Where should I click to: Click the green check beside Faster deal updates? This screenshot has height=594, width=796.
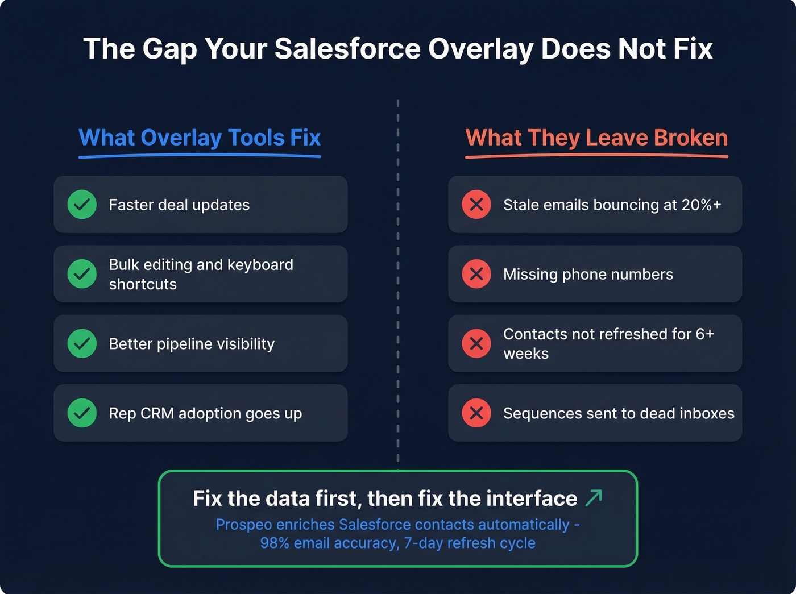click(x=82, y=205)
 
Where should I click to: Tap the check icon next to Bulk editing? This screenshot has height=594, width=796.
click(x=82, y=274)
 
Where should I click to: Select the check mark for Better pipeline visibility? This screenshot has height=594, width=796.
click(x=82, y=343)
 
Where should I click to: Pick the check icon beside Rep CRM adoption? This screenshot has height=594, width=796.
click(x=82, y=413)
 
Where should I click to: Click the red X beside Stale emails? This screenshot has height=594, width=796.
click(x=476, y=205)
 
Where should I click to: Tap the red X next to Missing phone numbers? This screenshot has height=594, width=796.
click(x=476, y=274)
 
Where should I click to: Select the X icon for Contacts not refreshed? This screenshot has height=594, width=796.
click(x=476, y=343)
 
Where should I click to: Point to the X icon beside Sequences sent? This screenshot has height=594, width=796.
click(x=476, y=413)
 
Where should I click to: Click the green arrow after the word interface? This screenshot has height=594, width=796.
click(x=594, y=498)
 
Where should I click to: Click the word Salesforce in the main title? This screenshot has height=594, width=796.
click(x=347, y=49)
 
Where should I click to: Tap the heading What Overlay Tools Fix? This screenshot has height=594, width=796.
click(x=200, y=138)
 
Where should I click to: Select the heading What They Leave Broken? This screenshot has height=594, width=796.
click(x=596, y=138)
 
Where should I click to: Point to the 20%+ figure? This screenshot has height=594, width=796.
click(x=701, y=205)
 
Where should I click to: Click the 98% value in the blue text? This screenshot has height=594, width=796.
click(x=275, y=543)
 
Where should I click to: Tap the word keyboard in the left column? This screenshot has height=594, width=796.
click(x=260, y=265)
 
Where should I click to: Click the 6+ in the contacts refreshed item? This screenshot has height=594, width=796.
click(x=704, y=334)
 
